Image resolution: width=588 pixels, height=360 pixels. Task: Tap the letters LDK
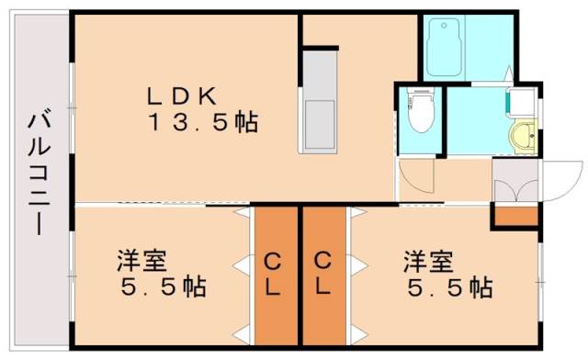click(183, 95)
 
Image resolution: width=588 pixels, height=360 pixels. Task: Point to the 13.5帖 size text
click(202, 122)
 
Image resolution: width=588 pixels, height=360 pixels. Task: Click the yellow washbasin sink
click(524, 139)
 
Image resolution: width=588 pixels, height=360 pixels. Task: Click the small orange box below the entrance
click(514, 217)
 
